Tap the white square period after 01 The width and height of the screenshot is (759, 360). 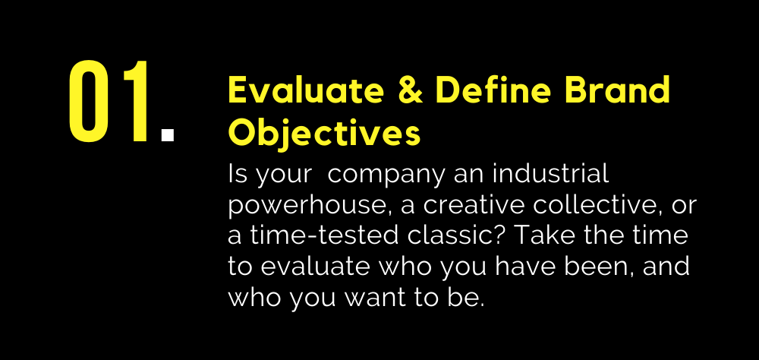tap(168, 134)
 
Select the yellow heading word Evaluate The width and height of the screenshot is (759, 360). tap(306, 90)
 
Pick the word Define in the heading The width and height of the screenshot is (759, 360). tap(494, 90)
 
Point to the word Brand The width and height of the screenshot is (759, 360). tap(618, 90)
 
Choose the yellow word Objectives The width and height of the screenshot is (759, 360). tap(324, 134)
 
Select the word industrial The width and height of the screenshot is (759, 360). tap(550, 173)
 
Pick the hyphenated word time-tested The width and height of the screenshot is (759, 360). tap(324, 235)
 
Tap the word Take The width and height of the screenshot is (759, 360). tap(544, 235)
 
